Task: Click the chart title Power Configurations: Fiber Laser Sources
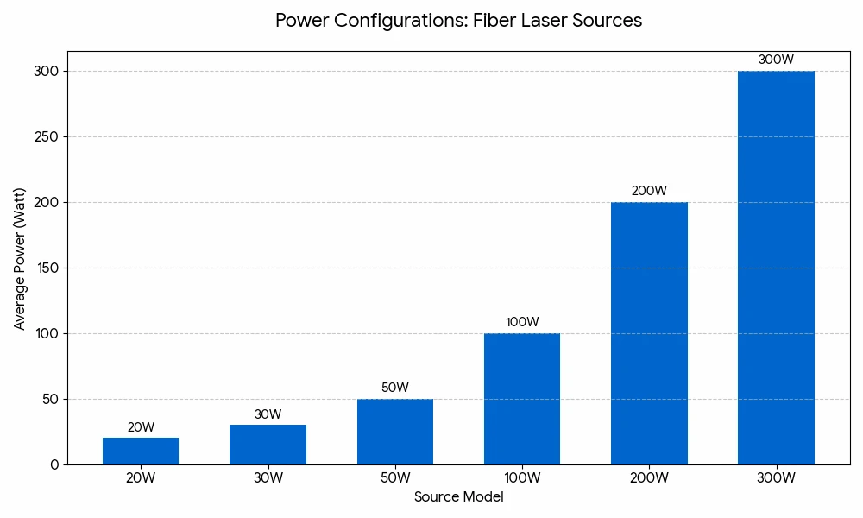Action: click(x=458, y=21)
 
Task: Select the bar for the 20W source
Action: click(x=141, y=451)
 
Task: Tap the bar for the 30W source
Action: click(x=268, y=445)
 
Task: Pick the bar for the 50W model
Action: click(x=395, y=432)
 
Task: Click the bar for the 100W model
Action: click(x=522, y=399)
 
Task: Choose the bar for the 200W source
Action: click(x=649, y=333)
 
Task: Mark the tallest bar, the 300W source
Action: click(x=776, y=268)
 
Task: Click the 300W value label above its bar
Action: click(x=776, y=60)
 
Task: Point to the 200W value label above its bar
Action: click(x=649, y=191)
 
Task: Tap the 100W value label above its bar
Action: click(x=522, y=322)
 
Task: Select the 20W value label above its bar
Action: click(x=141, y=427)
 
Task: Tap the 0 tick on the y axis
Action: click(x=54, y=464)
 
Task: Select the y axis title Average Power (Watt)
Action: click(x=20, y=258)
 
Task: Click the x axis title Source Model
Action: click(x=458, y=497)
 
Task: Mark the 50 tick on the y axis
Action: click(x=50, y=399)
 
